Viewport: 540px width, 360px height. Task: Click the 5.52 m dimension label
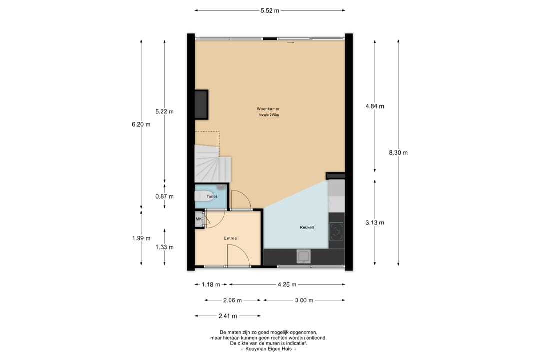(270, 10)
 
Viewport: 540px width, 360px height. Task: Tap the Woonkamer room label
(268, 109)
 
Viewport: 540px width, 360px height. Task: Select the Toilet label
(212, 196)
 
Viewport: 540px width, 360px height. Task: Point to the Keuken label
(307, 227)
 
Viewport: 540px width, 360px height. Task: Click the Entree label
(230, 238)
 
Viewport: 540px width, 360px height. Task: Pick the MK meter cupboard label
(198, 219)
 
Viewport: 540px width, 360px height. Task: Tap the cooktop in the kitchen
(336, 232)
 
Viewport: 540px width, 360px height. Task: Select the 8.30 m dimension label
(398, 153)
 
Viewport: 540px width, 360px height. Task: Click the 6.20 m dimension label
(141, 124)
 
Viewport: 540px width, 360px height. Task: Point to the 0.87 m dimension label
(164, 196)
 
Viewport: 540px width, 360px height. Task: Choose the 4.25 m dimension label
(287, 284)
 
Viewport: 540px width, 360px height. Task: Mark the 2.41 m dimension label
(228, 316)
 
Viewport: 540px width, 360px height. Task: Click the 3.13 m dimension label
(375, 223)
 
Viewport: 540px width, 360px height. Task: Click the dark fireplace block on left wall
(201, 104)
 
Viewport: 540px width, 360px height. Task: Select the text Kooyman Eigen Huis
(268, 349)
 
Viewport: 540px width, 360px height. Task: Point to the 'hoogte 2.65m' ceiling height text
(269, 115)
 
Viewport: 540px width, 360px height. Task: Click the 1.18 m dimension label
(211, 284)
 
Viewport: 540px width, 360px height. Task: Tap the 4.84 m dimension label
(375, 106)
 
